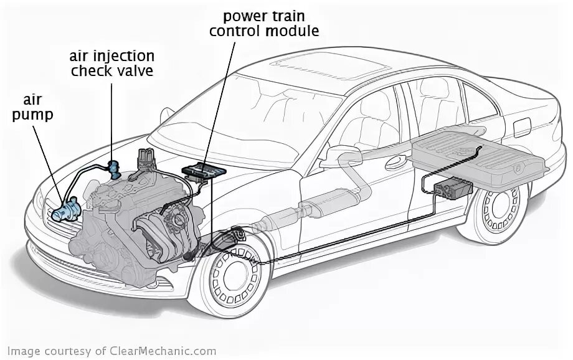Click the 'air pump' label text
pos(39,107)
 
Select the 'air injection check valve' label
pos(111,64)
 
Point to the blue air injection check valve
pos(114,168)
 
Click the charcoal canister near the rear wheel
pos(453,187)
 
